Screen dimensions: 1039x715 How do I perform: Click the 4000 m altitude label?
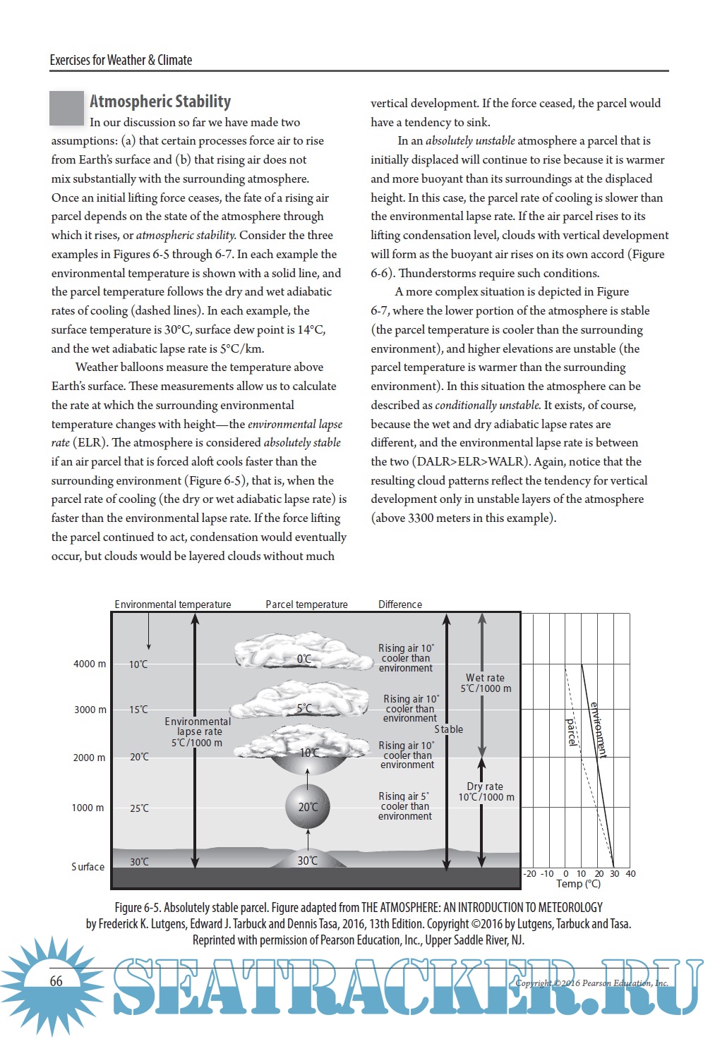[89, 664]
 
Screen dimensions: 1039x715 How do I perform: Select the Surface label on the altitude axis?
[88, 867]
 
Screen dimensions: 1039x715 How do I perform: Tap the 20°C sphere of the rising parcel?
[308, 807]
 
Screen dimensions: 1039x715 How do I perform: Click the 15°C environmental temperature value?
[138, 710]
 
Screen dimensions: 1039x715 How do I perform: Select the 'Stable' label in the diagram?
[448, 729]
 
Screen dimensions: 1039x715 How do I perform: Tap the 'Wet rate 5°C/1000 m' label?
[486, 683]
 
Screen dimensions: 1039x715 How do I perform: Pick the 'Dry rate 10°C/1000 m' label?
[486, 791]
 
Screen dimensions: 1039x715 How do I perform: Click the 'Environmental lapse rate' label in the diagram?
[198, 732]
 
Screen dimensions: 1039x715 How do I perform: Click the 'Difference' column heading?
[399, 604]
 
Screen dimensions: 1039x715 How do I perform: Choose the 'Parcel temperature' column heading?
[306, 604]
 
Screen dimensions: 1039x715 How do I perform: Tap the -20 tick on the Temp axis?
[529, 873]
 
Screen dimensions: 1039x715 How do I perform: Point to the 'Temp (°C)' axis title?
[578, 884]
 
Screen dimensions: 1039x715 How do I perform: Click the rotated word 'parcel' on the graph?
[572, 732]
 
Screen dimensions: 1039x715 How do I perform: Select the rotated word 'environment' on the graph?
[599, 729]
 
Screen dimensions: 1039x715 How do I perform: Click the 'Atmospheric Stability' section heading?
[160, 102]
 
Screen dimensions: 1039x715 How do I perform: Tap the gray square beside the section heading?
[66, 109]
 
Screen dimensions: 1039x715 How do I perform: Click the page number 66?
[56, 981]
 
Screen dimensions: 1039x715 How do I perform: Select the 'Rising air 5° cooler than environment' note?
[404, 806]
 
